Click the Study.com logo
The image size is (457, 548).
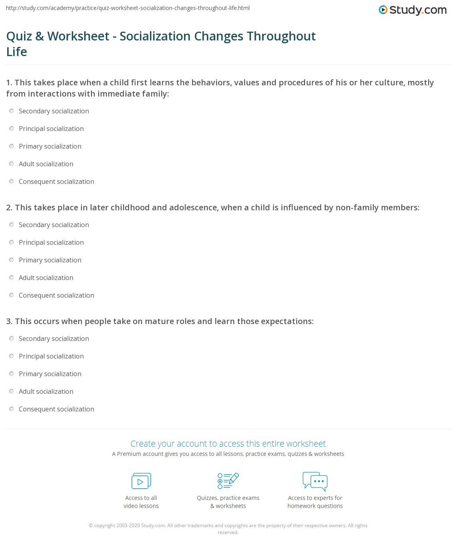click(x=413, y=10)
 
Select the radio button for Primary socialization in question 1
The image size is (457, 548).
click(x=12, y=146)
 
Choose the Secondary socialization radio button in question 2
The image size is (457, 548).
click(x=12, y=225)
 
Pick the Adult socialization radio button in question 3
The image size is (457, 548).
click(x=12, y=391)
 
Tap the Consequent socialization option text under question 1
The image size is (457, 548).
click(x=57, y=181)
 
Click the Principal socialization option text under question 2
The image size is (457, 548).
click(x=51, y=242)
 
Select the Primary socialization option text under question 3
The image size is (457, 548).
click(x=50, y=374)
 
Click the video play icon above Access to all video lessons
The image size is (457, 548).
click(x=141, y=481)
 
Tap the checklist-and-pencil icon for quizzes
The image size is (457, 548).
click(x=228, y=481)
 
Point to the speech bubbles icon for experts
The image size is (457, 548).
click(x=315, y=481)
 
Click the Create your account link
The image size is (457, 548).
click(x=228, y=443)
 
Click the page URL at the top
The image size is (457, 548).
click(x=128, y=8)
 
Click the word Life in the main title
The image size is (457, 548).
click(x=17, y=52)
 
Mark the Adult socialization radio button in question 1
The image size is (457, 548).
click(x=12, y=164)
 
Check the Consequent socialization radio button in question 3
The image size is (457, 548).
click(x=12, y=409)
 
